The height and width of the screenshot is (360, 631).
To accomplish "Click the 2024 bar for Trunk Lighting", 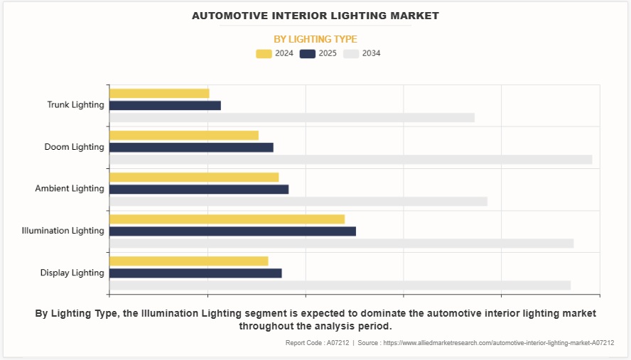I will pyautogui.click(x=159, y=93).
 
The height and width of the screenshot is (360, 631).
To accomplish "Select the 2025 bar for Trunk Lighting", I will pyautogui.click(x=165, y=106).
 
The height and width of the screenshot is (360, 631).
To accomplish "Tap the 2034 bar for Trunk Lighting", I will pyautogui.click(x=291, y=118).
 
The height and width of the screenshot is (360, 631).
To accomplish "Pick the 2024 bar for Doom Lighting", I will pyautogui.click(x=184, y=135).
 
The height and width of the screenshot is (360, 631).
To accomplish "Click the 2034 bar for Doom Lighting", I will pyautogui.click(x=350, y=160).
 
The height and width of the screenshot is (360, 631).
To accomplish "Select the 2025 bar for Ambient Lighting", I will pyautogui.click(x=199, y=190).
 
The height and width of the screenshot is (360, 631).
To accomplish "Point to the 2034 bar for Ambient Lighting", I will pyautogui.click(x=298, y=202).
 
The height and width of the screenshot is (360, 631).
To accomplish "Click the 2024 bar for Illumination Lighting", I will pyautogui.click(x=227, y=219).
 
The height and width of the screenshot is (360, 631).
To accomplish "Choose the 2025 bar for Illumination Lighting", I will pyautogui.click(x=232, y=231).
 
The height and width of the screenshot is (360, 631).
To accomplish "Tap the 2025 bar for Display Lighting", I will pyautogui.click(x=195, y=273).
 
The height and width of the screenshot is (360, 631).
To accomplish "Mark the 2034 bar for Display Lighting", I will pyautogui.click(x=340, y=285).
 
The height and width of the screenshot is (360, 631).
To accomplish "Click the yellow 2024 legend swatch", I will pyautogui.click(x=264, y=53).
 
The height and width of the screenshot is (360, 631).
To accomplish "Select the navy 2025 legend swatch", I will pyautogui.click(x=308, y=53).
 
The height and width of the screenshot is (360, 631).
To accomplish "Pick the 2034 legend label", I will pyautogui.click(x=371, y=53).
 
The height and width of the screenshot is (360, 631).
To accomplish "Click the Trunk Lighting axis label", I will pyautogui.click(x=75, y=105).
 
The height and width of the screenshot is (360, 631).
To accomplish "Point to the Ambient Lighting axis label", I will pyautogui.click(x=70, y=189).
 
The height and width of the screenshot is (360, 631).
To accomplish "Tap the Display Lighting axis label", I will pyautogui.click(x=72, y=273).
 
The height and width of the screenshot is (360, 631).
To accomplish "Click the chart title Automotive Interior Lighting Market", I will pyautogui.click(x=315, y=15).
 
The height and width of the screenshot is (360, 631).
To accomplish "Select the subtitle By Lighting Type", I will pyautogui.click(x=315, y=39).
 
